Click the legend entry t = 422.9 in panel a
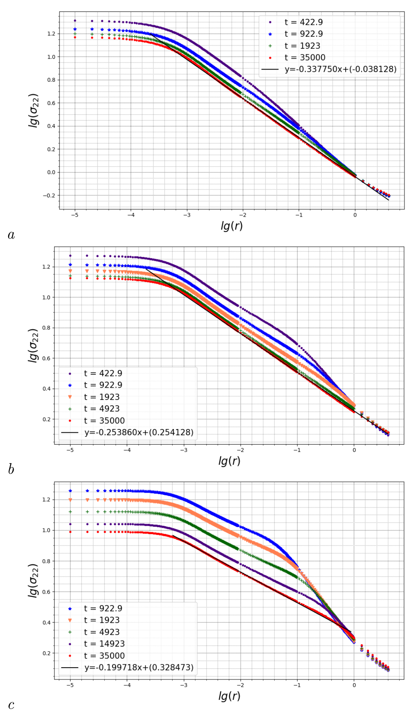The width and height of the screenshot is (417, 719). coord(303,22)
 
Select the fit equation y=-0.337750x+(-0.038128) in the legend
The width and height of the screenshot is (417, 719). coord(340,69)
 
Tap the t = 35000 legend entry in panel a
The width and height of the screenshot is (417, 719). coord(305,57)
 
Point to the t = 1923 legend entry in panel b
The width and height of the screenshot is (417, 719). coord(102,397)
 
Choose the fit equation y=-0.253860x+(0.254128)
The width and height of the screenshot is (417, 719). coord(139,432)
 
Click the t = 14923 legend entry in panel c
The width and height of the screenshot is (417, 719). coord(104,644)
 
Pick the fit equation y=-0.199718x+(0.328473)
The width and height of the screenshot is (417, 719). coord(139,667)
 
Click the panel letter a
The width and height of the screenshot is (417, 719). coord(11,235)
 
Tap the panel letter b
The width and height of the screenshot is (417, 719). coord(11,469)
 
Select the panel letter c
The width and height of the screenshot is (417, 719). coord(11,705)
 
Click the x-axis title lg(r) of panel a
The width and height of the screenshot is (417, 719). coord(231,226)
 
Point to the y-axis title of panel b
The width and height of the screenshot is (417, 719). coord(34,345)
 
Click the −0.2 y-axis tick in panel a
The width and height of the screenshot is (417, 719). coord(49,195)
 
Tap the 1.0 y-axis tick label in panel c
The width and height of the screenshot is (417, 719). coord(46,530)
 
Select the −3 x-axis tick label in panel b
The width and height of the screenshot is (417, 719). coord(183,450)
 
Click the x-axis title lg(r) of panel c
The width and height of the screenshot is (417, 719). coord(229,696)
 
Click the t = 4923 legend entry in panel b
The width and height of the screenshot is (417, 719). coord(102,409)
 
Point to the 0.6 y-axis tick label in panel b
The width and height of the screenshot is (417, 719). coord(46,358)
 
